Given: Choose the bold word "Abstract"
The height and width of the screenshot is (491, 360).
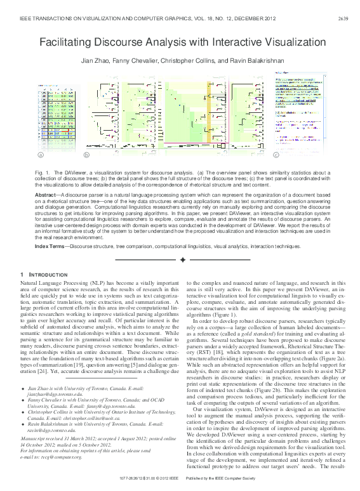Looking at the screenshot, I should click(x=47, y=194).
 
